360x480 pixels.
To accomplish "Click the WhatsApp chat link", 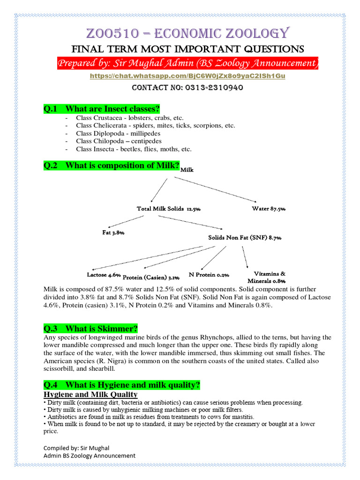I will click(x=180, y=75).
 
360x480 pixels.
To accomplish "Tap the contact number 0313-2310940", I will click(x=206, y=88).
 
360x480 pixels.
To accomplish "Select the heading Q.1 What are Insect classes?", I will click(x=102, y=109).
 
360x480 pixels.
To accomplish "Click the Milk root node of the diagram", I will click(x=187, y=170).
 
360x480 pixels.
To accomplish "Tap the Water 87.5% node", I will click(x=269, y=209).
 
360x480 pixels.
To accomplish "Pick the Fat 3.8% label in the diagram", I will click(x=113, y=232).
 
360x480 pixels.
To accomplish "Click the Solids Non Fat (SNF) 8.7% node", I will click(x=245, y=238).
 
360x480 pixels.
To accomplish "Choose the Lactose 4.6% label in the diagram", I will click(x=104, y=275).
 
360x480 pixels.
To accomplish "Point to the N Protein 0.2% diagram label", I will click(x=209, y=275).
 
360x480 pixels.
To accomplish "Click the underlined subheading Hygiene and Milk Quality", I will click(x=90, y=395).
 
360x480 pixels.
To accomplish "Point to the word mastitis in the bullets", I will click(x=241, y=417).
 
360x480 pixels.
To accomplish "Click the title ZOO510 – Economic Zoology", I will click(x=180, y=33).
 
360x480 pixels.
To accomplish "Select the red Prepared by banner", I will click(x=187, y=63).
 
